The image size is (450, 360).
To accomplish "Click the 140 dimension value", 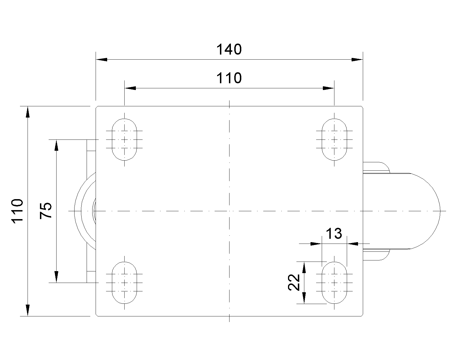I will pos(229,50).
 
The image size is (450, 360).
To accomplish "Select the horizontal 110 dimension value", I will pos(229,78).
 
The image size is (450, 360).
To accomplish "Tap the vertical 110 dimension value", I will pos(17,211).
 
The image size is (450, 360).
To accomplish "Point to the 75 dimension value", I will pos(46,211).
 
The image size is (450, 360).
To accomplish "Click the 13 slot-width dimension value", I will pos(334,234).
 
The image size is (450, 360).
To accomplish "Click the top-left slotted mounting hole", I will pos(125,139).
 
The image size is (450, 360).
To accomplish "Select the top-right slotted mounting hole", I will pos(334,139).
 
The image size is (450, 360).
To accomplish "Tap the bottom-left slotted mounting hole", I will pos(125,282).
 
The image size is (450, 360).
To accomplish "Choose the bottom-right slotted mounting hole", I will pos(334,282).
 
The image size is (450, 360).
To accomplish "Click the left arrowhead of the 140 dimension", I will pos(102,60).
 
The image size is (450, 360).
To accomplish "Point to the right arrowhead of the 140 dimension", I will pos(357,60).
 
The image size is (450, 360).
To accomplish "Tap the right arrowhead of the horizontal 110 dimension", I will pos(328,88).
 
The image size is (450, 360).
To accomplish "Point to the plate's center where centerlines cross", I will pos(229,211).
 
